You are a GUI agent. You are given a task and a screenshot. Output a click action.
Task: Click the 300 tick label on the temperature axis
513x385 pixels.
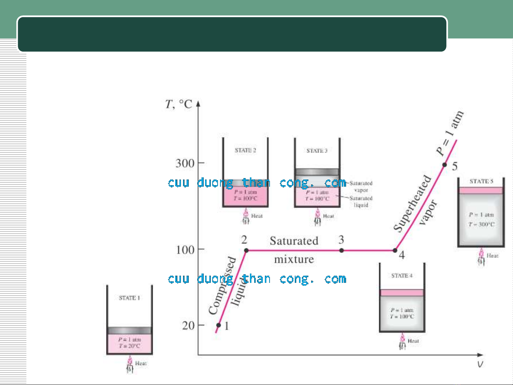[x=185, y=163]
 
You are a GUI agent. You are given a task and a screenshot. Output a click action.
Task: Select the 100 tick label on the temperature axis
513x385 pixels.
[x=185, y=250]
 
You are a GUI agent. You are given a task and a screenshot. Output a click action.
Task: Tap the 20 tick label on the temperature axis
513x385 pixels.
[x=188, y=326]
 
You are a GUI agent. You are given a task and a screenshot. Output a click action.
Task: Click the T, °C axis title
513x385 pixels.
[x=179, y=104]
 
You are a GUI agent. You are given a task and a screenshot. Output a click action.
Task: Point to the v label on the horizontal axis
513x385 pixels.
[x=480, y=364]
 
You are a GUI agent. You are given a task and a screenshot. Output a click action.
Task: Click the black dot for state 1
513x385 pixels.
[x=219, y=325]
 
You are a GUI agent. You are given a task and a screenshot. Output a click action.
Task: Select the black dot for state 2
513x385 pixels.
[x=246, y=250]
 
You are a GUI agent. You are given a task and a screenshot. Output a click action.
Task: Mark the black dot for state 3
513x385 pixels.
[x=341, y=250]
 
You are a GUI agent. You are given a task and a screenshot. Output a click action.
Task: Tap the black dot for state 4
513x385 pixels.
[x=395, y=250]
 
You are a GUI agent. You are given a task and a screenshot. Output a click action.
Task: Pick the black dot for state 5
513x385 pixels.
[x=445, y=165]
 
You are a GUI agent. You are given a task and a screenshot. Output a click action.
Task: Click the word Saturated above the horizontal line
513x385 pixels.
[x=294, y=241]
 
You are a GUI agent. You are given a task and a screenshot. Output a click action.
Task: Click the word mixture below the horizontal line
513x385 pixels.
[x=294, y=259]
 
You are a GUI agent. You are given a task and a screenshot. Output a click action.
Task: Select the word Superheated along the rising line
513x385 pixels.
[x=412, y=203]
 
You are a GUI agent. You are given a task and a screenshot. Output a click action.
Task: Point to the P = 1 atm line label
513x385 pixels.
[x=450, y=134]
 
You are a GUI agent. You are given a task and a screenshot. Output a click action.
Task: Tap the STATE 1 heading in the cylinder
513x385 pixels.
[x=129, y=298]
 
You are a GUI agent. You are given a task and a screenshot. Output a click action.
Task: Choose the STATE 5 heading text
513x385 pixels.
[x=481, y=181]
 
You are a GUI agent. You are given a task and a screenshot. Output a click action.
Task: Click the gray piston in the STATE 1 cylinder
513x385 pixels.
[x=130, y=331]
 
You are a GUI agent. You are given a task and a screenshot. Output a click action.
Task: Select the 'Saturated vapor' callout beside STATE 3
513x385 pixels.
[x=361, y=187]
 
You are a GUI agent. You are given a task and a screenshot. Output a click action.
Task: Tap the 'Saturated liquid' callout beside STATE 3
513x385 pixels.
[x=361, y=202]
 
